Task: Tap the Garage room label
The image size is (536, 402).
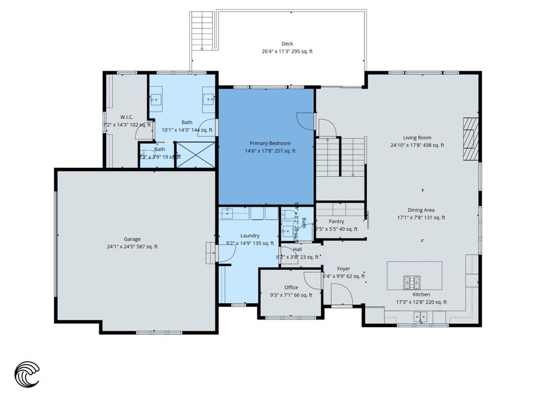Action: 132,239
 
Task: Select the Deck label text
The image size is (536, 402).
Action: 287,44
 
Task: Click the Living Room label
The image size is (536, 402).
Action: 417,138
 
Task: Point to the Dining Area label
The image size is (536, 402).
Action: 421,210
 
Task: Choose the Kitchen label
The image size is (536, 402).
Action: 421,294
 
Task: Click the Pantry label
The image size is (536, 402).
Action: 336,221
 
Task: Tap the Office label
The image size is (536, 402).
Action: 291,288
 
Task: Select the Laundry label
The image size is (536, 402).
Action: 250,235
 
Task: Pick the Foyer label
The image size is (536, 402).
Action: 343,269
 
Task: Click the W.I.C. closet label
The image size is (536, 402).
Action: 126,117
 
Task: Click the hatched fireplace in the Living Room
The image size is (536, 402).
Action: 471,138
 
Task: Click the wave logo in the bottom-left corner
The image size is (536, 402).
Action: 27,373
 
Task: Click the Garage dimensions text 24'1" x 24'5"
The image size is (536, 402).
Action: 132,247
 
